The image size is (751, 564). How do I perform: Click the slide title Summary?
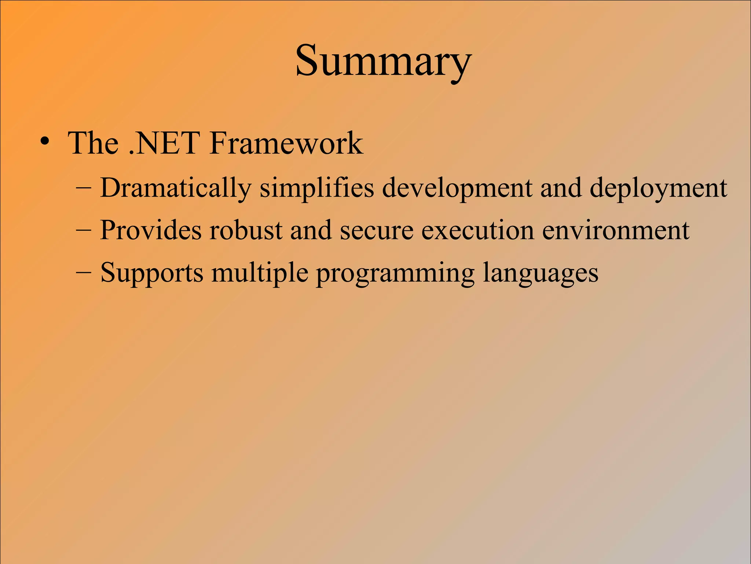tap(383, 61)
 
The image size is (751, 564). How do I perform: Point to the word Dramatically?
tap(175, 188)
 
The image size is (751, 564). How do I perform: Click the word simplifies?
tap(316, 188)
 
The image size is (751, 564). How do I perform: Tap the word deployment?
tap(658, 188)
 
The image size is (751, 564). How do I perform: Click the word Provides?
tap(151, 230)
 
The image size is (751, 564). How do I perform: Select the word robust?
tap(246, 230)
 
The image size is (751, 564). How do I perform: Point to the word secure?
tap(376, 230)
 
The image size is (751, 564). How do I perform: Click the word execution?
tap(477, 230)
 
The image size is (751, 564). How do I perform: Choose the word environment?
tap(616, 230)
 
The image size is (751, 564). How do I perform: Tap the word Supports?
tap(151, 273)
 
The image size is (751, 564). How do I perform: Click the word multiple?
tap(260, 273)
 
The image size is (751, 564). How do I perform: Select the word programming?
tap(395, 273)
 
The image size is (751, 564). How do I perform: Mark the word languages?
tap(540, 273)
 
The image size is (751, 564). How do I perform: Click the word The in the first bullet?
tap(94, 143)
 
